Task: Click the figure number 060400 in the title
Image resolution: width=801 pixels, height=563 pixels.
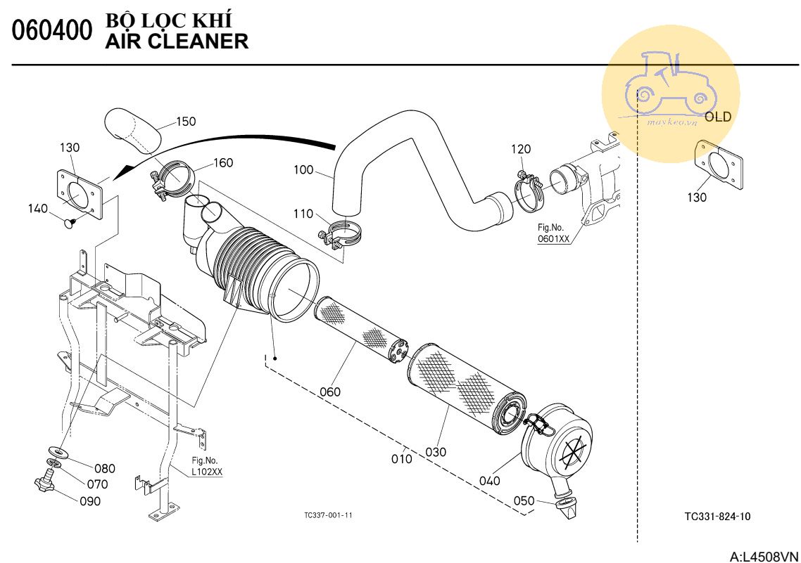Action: pos(52,32)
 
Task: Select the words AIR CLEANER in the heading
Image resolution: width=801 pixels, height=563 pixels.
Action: pos(177,41)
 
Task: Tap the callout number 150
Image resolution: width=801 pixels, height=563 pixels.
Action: pos(186,122)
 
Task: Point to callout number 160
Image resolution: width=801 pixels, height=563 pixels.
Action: pos(223,163)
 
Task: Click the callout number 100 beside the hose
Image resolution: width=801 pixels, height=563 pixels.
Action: pos(303,169)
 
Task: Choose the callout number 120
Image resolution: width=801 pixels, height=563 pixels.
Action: pos(521,149)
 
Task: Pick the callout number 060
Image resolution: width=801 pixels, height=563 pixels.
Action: pos(329,391)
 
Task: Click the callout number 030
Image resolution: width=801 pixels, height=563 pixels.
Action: pos(436,452)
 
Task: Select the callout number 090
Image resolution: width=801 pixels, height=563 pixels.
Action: pos(89,501)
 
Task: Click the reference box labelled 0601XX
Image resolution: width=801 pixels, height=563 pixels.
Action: pos(554,238)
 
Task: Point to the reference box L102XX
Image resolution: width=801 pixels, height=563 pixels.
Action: pos(207,472)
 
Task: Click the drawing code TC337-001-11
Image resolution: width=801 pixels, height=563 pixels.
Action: pos(328,515)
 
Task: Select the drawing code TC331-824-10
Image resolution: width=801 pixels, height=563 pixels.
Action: pos(717,517)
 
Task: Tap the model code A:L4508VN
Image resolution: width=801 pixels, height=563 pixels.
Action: pos(764,556)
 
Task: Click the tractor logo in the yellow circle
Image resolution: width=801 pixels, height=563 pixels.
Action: pos(669,84)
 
